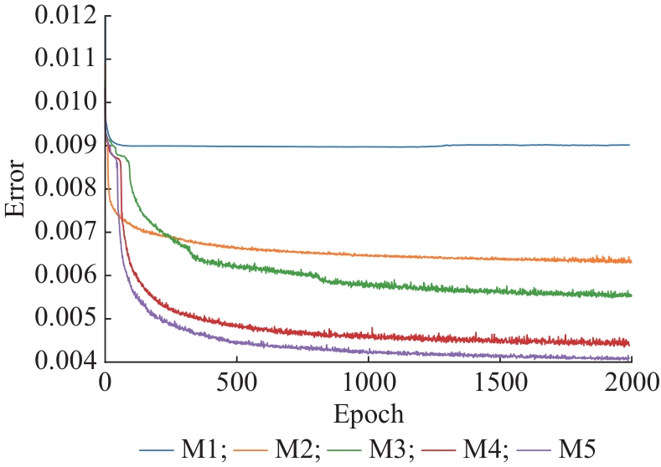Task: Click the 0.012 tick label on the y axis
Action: click(x=63, y=16)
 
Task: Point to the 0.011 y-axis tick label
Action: click(x=63, y=59)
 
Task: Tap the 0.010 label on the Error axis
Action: click(x=63, y=103)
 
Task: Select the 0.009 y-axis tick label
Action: click(x=63, y=146)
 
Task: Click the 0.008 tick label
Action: click(x=63, y=190)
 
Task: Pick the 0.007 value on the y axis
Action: click(x=63, y=233)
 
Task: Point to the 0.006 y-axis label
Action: click(x=63, y=276)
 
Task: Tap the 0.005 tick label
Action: click(x=63, y=320)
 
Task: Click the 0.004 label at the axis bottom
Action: click(x=63, y=363)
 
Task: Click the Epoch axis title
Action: click(x=369, y=414)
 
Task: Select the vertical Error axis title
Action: click(x=14, y=189)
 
